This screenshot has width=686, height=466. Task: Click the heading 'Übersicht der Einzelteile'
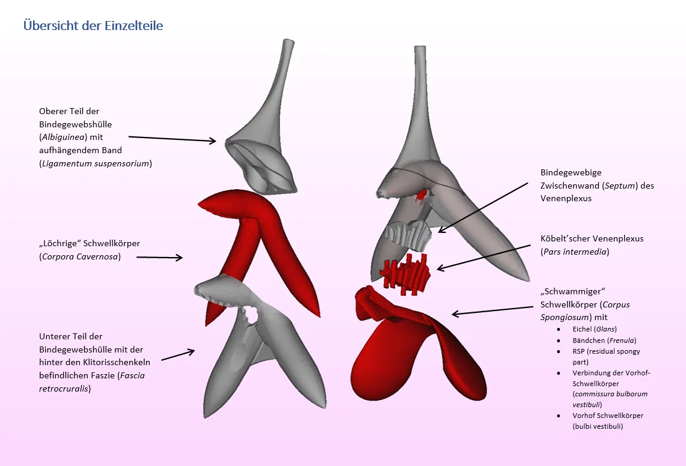(93, 26)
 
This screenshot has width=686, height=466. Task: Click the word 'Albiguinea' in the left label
(64, 137)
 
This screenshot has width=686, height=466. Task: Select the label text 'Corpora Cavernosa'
(80, 257)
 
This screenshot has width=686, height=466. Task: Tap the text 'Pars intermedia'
(574, 252)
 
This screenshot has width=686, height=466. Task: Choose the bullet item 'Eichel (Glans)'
(595, 329)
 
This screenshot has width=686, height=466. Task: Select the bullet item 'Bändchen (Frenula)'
(604, 340)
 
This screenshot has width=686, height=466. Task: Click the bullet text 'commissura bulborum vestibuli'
(610, 399)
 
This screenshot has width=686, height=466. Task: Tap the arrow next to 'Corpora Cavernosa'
(159, 258)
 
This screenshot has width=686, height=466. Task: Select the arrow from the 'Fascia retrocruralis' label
(178, 355)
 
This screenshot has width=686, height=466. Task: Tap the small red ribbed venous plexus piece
(408, 273)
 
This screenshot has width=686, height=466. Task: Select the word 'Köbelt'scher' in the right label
(565, 238)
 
